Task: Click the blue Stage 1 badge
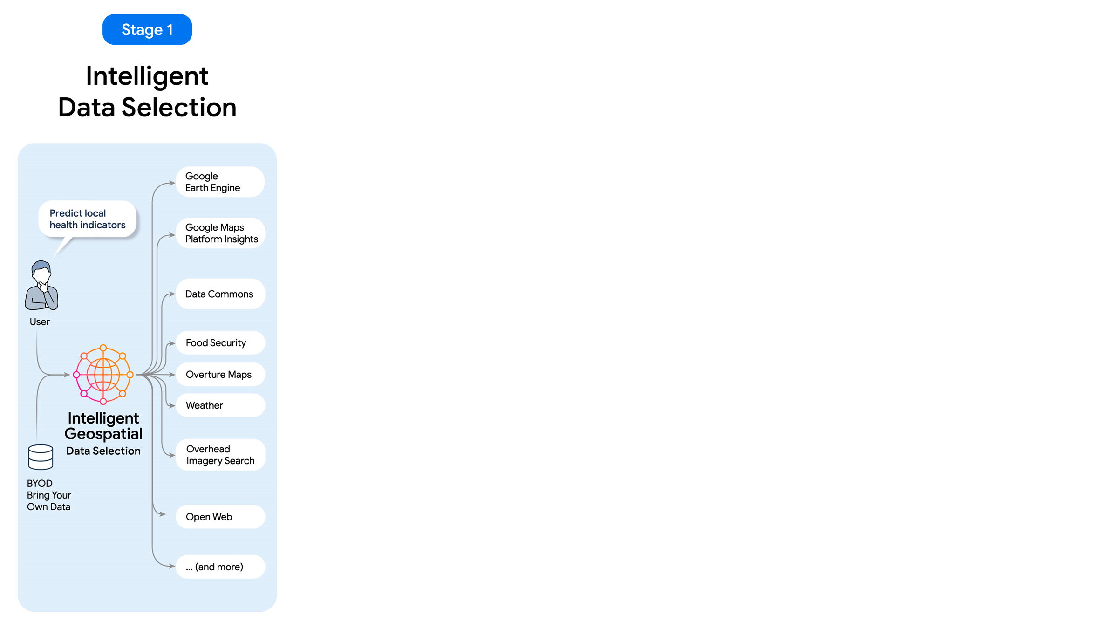(147, 29)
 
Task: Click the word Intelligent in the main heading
(147, 76)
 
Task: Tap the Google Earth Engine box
(220, 182)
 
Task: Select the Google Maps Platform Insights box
(220, 233)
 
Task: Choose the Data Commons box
(220, 294)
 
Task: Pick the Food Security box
(220, 343)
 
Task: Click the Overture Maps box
(220, 375)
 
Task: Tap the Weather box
(220, 405)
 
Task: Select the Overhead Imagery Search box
(220, 455)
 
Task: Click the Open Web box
(220, 517)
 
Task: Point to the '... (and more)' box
(220, 567)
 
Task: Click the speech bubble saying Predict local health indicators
(88, 219)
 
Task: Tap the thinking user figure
(41, 285)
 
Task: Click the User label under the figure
(40, 322)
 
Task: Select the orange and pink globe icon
(103, 375)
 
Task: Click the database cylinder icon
(41, 457)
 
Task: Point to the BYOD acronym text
(40, 484)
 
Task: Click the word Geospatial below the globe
(103, 434)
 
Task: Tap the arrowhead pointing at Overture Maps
(172, 375)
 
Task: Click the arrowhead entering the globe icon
(67, 375)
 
